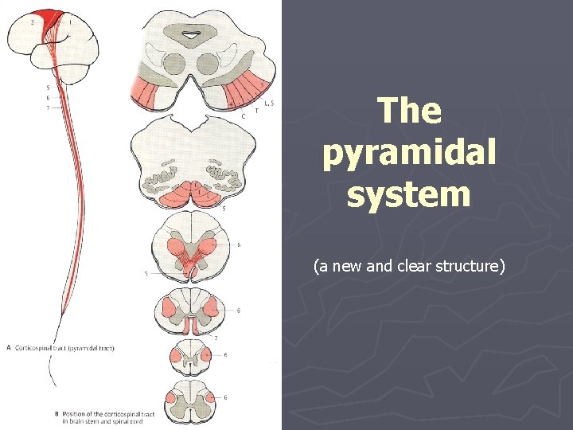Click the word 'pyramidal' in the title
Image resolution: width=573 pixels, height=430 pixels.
pos(409,152)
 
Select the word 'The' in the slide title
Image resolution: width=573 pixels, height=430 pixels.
pos(409,111)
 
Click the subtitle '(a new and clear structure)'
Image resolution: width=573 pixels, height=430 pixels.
pos(409,266)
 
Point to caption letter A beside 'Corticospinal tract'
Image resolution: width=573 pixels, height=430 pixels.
pos(9,347)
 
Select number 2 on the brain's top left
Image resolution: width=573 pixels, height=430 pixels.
pos(32,22)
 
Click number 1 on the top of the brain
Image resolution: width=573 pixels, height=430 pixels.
pos(69,22)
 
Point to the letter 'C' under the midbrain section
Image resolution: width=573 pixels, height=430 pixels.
pos(243,116)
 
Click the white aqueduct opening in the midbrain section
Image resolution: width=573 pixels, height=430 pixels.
pos(193,34)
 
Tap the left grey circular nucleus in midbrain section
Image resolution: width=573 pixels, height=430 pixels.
pos(174,63)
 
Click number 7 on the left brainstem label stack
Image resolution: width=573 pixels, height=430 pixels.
pos(48,107)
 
